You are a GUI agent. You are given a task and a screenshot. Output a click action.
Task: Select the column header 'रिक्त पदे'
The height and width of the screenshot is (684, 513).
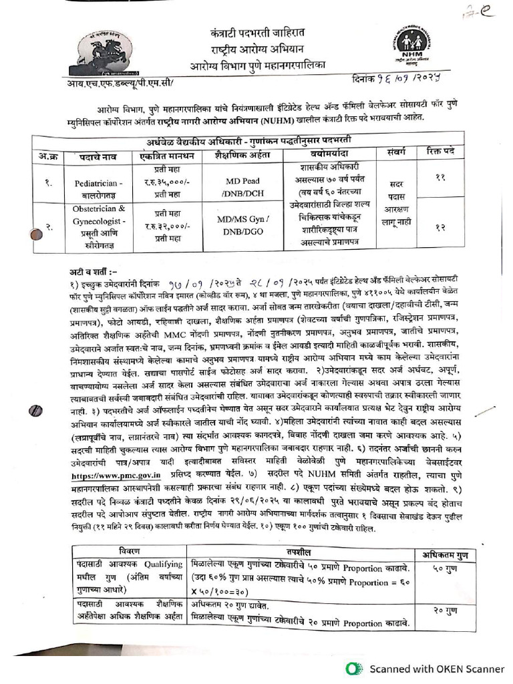440,153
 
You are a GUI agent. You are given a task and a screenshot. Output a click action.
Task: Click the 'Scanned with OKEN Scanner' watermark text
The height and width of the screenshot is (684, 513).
437,668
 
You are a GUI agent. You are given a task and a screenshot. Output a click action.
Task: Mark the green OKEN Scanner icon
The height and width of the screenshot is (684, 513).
354,668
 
